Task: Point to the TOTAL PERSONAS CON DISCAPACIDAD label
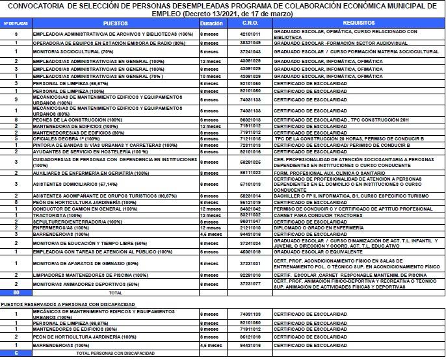click(x=116, y=352)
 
